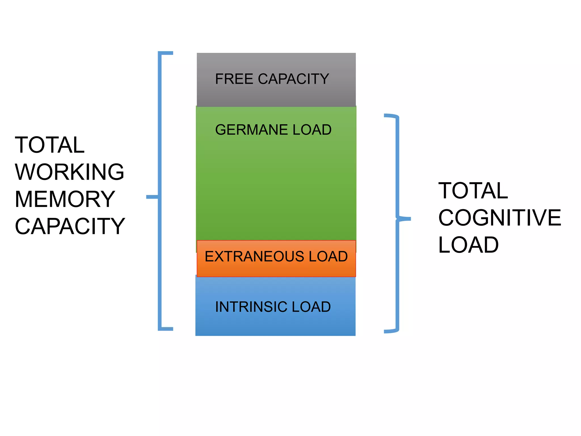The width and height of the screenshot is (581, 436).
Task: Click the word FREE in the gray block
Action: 234,79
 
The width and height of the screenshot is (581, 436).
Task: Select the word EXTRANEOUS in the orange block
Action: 254,256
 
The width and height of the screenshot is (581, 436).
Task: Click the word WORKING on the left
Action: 70,172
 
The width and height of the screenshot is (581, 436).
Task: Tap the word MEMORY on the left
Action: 65,199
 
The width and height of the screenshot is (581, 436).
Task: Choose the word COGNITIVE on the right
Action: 500,218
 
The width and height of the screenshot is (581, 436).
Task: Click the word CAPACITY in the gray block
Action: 293,79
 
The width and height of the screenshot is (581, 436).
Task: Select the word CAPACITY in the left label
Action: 70,226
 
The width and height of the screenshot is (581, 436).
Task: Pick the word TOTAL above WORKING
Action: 50,145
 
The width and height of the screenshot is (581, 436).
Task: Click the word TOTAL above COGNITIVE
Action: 473,191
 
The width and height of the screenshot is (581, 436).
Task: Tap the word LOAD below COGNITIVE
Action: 468,245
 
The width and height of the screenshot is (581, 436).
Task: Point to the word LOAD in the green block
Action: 312,130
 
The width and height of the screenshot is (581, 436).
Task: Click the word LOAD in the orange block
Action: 328,256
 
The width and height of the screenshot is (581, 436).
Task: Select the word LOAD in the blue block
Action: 311,307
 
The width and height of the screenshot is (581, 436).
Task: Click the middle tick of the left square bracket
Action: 152,197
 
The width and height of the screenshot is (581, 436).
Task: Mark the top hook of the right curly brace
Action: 391,116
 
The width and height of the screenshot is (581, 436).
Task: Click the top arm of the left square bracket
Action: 166,53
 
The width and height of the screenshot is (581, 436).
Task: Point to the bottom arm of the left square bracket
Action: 166,329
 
